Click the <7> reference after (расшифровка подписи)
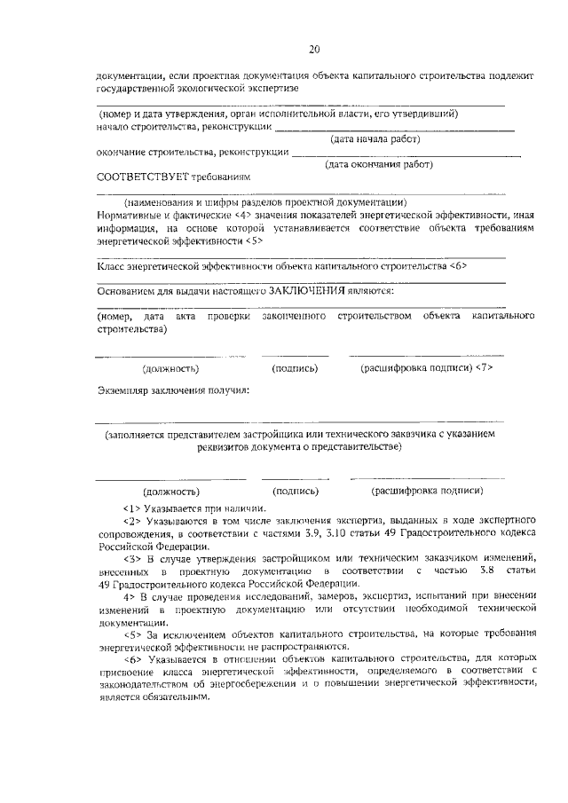point(485,367)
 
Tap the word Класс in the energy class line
point(111,265)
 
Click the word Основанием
point(127,291)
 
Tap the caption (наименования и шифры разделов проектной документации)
point(265,202)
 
